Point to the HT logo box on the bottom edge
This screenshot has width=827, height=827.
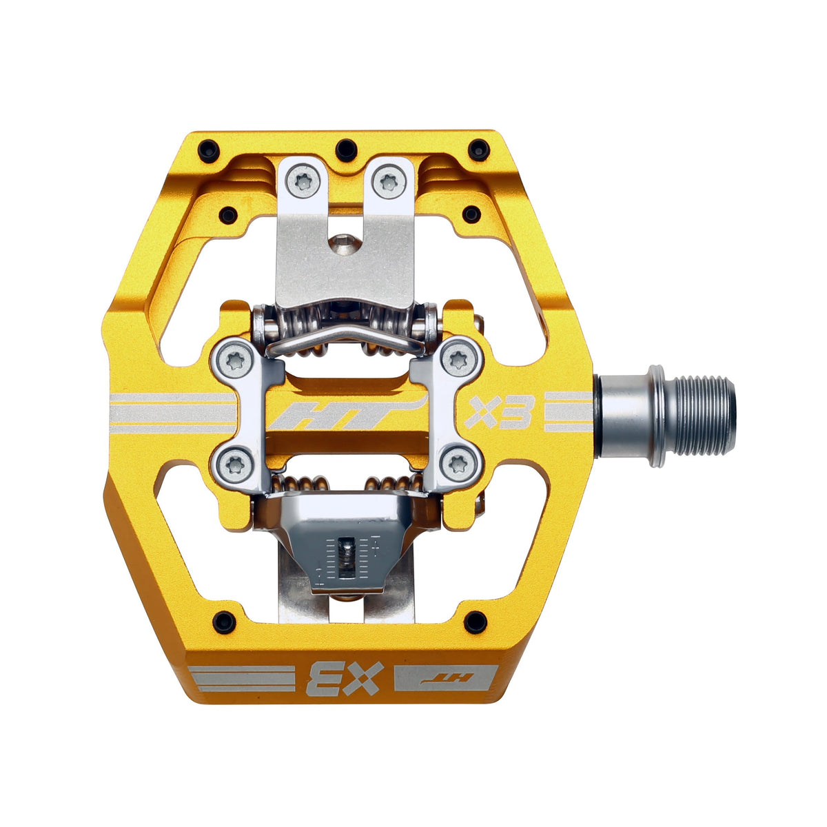445,677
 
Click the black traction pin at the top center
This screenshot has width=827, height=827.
347,147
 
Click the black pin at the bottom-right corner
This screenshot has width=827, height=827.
475,622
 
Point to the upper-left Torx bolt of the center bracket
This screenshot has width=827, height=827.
234,358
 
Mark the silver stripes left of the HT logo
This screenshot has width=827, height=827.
172,413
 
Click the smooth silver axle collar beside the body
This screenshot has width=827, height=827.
620,416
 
